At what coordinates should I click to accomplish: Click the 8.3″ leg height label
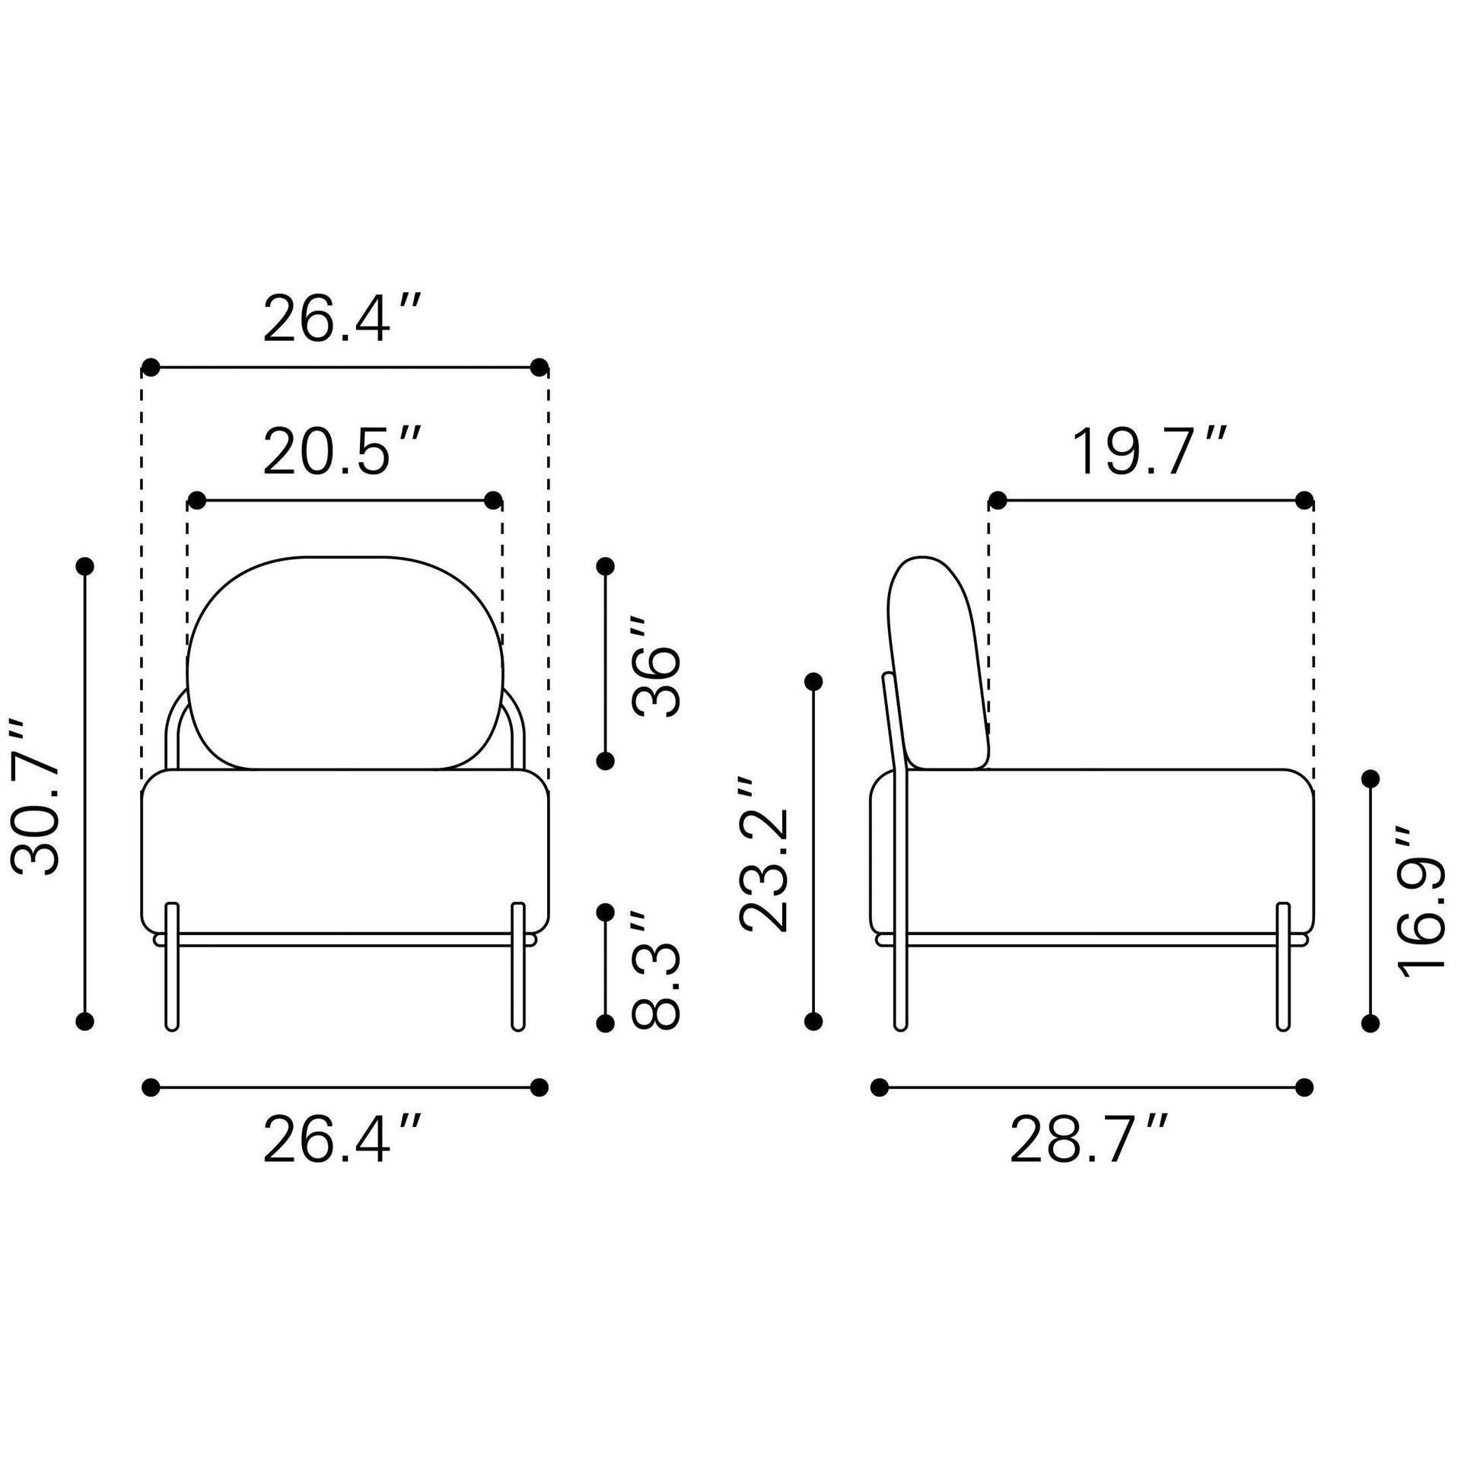[x=656, y=969]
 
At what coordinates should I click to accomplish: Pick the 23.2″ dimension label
[x=764, y=854]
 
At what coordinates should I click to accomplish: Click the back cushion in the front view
[x=345, y=662]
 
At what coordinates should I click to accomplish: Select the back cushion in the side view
[x=937, y=664]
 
